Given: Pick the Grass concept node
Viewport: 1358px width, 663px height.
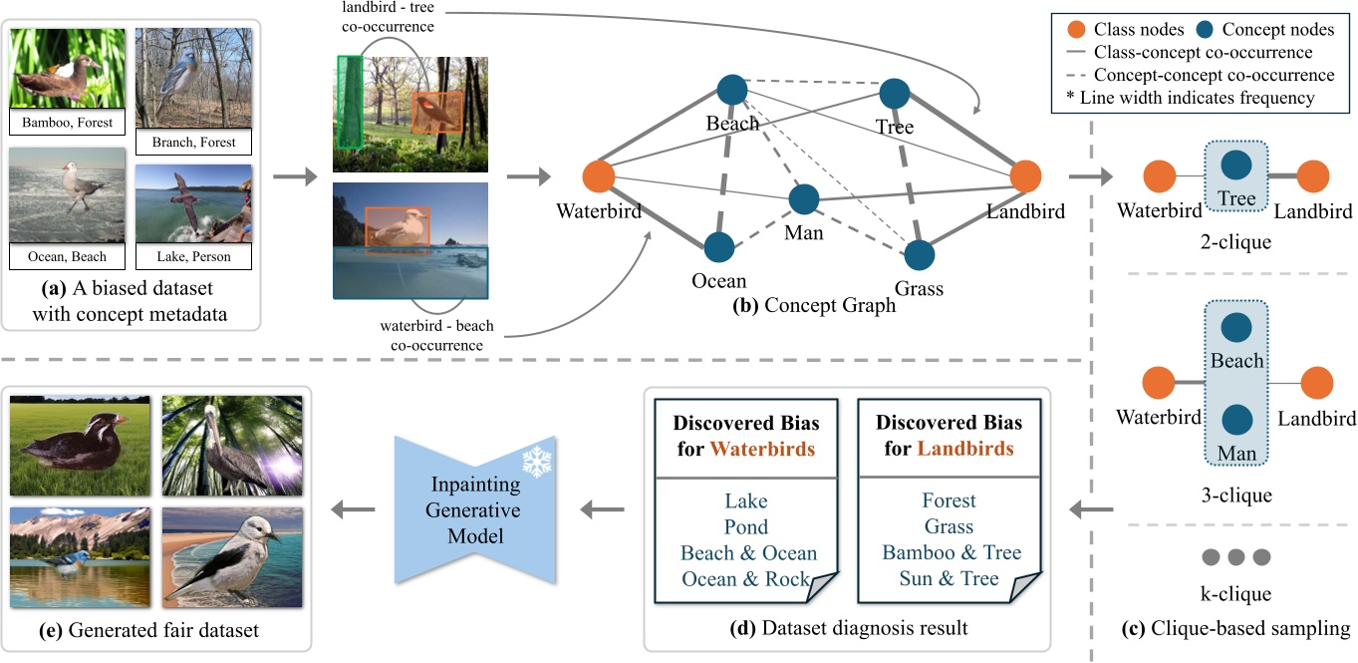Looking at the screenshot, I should coord(920,254).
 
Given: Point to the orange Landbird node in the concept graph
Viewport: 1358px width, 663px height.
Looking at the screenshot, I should coord(1025,177).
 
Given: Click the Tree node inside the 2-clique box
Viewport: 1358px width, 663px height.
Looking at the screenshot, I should coord(1236,165).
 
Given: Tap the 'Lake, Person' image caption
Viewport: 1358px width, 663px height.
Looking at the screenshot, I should coord(193,256).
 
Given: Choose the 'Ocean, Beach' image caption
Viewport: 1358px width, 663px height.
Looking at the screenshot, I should coord(69,256).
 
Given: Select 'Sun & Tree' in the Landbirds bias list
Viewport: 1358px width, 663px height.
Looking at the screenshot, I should coord(949,578).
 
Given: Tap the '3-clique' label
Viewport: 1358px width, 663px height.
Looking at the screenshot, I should coord(1236,495).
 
